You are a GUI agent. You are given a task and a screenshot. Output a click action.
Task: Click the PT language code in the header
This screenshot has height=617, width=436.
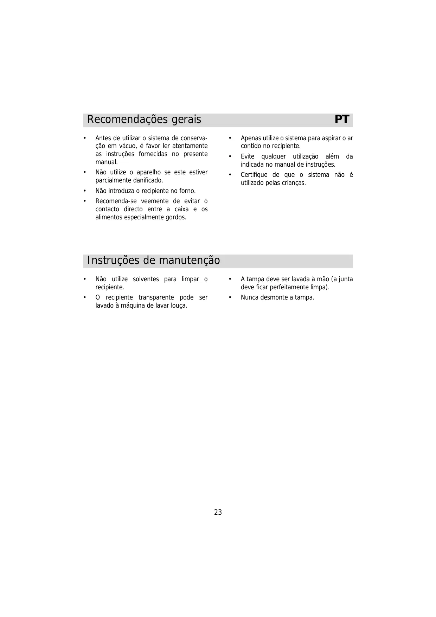341,120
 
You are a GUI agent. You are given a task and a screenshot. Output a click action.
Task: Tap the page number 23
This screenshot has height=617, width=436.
218,512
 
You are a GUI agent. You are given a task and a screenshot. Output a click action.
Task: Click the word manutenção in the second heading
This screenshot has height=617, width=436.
190,261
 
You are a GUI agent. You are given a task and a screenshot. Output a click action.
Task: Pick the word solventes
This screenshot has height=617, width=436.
146,279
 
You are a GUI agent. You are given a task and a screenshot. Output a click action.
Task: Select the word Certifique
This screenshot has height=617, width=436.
254,175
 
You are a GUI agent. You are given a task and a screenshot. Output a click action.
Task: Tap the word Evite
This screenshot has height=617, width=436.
248,157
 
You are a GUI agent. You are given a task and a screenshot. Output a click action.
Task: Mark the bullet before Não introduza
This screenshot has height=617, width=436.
85,191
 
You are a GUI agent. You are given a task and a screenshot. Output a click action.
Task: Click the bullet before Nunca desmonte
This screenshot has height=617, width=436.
230,297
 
